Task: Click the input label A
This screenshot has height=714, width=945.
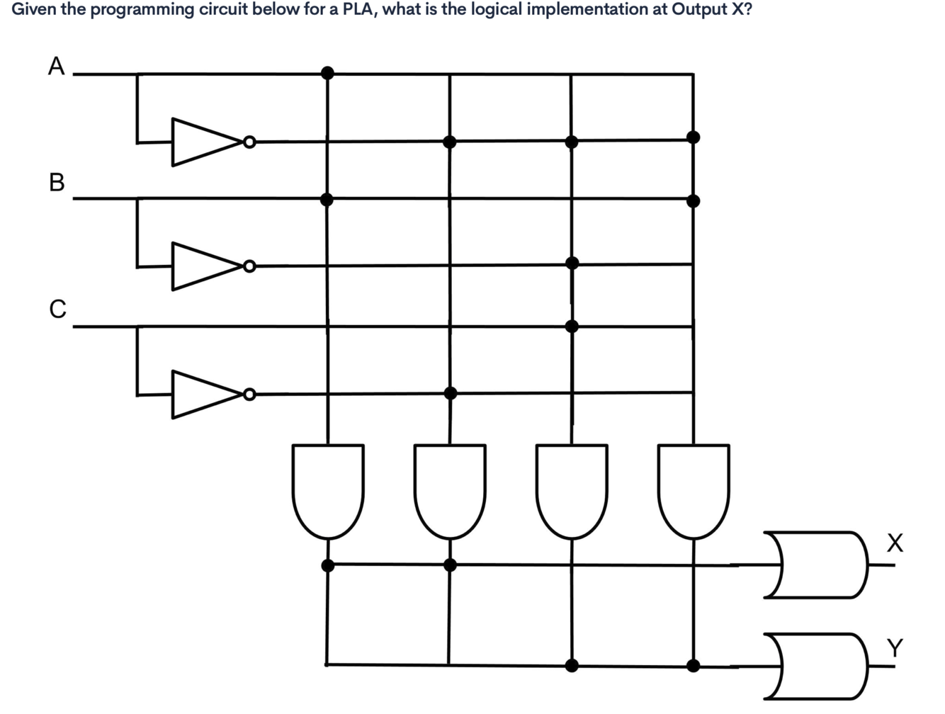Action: point(56,66)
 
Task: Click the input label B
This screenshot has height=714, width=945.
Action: point(57,182)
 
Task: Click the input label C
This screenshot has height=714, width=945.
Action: point(57,309)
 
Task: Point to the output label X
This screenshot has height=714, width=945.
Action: point(895,543)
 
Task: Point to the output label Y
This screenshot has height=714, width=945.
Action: point(895,647)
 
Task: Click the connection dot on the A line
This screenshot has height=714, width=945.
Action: point(327,72)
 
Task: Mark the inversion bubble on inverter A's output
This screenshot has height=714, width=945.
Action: point(249,142)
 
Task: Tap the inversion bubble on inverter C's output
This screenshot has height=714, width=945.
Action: point(249,394)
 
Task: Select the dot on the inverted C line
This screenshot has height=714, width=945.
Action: point(450,393)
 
